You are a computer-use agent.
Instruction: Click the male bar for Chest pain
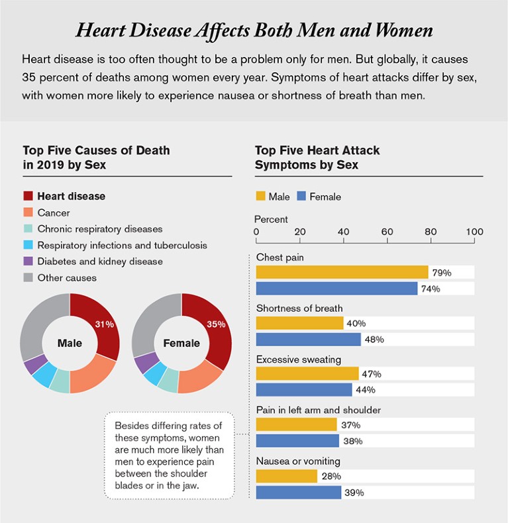point(342,272)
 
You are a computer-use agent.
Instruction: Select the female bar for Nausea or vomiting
point(298,493)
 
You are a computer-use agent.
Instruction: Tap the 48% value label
point(374,340)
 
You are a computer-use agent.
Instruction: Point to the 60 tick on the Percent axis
point(387,232)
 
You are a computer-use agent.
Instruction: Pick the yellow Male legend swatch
point(260,197)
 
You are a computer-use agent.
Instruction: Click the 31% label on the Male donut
point(105,324)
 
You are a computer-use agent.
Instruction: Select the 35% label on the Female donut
point(216,324)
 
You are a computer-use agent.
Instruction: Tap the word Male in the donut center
point(70,343)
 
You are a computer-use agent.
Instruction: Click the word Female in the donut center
point(181,343)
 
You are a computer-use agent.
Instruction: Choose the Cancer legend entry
point(54,213)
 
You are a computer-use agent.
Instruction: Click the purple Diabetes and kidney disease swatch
point(28,261)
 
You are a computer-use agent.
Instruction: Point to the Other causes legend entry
point(67,278)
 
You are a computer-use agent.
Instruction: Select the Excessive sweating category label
point(299,359)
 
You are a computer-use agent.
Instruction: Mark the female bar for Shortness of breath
point(308,340)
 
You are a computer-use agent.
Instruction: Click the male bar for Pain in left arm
point(296,425)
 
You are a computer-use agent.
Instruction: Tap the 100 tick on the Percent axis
point(474,232)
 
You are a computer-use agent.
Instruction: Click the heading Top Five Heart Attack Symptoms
point(318,158)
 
